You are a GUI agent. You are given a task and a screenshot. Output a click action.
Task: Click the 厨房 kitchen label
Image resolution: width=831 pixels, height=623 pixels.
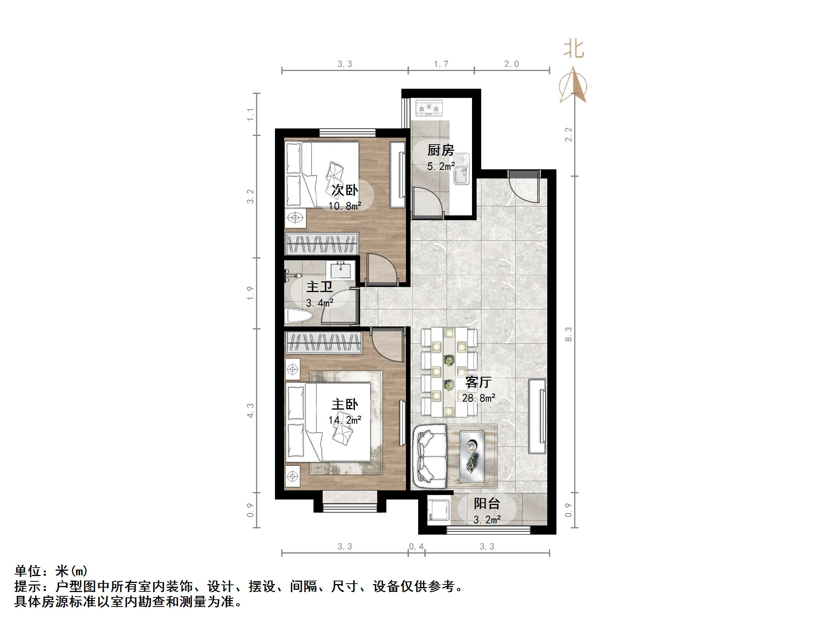coord(441,150)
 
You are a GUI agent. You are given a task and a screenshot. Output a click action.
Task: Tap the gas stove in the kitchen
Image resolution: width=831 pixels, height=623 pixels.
coord(429,108)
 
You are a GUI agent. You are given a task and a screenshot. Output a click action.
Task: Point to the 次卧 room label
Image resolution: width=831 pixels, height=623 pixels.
coord(345,190)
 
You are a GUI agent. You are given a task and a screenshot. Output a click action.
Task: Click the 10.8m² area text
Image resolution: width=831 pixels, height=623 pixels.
coord(345,206)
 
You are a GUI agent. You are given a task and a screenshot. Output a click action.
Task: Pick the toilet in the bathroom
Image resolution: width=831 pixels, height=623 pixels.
coord(299,316)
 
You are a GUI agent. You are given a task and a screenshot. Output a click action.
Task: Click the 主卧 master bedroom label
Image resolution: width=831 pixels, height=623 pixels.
coord(345,404)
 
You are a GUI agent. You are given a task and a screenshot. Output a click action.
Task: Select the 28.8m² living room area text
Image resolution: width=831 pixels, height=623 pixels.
coord(479,398)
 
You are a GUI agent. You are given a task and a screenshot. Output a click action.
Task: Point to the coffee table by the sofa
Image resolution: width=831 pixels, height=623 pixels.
coord(472,457)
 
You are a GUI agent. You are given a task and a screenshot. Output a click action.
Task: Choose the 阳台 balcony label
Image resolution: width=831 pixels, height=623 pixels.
coord(487,504)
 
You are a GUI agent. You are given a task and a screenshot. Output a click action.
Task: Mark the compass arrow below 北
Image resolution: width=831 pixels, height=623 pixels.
coord(573,85)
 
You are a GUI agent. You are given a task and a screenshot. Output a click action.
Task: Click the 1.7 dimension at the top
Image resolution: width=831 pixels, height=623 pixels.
coord(441,64)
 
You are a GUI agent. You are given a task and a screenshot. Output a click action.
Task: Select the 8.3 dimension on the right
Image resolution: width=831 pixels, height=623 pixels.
coord(569,334)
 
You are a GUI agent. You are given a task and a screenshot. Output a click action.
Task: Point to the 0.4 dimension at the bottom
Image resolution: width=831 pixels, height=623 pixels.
coord(416,547)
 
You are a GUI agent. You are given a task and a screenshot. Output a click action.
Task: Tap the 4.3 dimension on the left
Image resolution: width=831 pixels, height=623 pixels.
coord(251,410)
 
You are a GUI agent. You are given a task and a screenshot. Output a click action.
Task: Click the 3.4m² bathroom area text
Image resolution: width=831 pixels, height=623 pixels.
coord(320,303)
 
